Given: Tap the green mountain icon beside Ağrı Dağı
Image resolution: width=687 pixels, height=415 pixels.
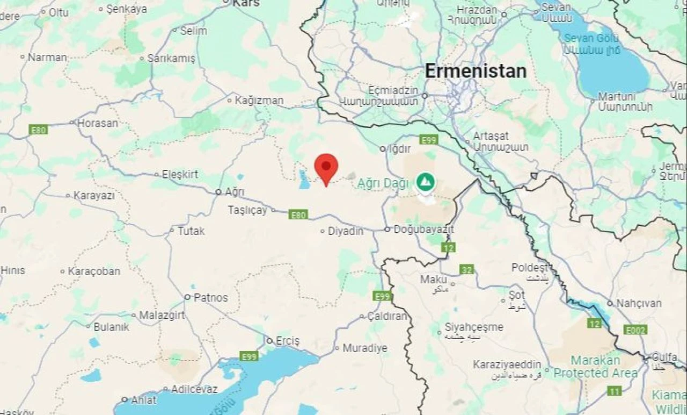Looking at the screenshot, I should pos(426,182).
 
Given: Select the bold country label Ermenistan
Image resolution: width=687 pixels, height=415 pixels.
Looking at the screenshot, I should pos(476,71).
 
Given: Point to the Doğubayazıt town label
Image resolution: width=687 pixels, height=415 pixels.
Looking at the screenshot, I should pos(423,230).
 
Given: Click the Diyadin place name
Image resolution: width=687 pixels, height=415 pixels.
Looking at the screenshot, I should pos(346,231).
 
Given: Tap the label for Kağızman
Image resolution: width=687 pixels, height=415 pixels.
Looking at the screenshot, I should pos(259,100).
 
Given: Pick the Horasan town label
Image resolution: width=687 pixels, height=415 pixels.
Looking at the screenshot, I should pos(97,123).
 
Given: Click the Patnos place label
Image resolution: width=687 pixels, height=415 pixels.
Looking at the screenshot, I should pos(210,297).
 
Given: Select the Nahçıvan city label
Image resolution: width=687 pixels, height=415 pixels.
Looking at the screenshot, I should pos(639,303).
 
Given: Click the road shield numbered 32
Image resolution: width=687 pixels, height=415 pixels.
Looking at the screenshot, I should pos(466,269).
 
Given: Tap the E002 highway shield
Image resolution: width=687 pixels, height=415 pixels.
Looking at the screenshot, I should pos(635,330).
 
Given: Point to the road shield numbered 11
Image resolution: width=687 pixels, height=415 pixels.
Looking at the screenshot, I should pos(615,391).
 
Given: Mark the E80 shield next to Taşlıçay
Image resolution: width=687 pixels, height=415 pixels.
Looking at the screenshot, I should pos(298,215).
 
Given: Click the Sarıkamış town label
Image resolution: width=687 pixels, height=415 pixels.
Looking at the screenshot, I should pos(171,59).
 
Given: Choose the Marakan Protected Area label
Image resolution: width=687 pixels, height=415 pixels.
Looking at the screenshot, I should pos(596,367).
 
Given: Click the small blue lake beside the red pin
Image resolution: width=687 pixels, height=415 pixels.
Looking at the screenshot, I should pos(304,181).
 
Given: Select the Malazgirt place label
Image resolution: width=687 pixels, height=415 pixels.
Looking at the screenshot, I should pos(162,315).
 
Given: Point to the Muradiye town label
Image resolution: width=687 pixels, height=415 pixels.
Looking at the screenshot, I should pos(364,348).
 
